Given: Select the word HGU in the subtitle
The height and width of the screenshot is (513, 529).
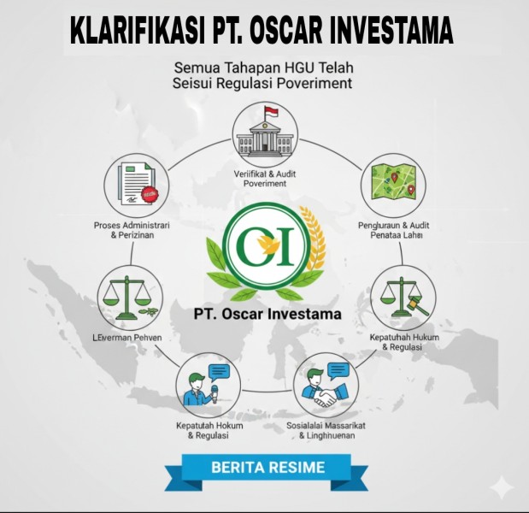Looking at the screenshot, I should pos(296,66).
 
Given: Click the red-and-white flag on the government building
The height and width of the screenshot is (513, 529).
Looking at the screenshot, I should pos(270,112).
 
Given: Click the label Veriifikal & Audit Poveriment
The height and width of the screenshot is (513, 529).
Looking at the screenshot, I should pos(265,178).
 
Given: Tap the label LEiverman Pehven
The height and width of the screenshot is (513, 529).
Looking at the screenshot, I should pos(127,338).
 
